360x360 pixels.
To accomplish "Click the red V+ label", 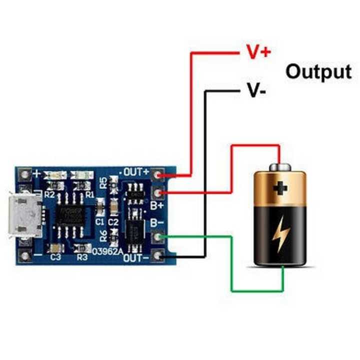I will pyautogui.click(x=258, y=51).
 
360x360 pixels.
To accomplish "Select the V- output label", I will pyautogui.click(x=256, y=90).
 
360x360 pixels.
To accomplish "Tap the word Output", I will pyautogui.click(x=318, y=71).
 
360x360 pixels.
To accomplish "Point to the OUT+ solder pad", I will pyautogui.click(x=159, y=174).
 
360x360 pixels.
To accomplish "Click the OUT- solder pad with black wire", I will pyautogui.click(x=159, y=256).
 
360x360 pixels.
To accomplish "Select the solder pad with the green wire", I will pyautogui.click(x=159, y=237).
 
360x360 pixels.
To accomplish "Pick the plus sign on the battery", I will pyautogui.click(x=280, y=188).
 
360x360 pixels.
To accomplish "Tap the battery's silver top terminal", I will pyautogui.click(x=280, y=166).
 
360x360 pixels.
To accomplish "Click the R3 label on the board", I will pyautogui.click(x=82, y=257).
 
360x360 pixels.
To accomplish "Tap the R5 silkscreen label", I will pyautogui.click(x=103, y=182).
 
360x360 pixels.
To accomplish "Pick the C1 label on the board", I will pyautogui.click(x=100, y=220).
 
